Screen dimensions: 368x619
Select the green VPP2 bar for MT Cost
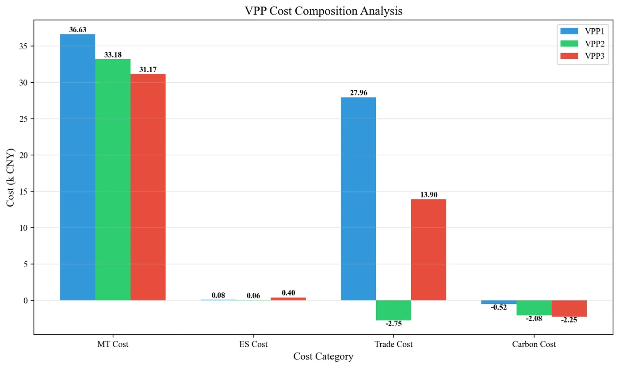(x=113, y=180)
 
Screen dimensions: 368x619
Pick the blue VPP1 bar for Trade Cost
(x=358, y=199)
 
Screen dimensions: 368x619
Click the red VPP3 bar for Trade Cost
(x=428, y=250)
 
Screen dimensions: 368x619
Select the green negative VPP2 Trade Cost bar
(x=394, y=310)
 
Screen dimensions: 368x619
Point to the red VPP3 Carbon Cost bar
(x=569, y=308)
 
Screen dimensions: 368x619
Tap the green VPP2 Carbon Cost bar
(x=534, y=308)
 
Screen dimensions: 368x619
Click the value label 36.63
(x=78, y=30)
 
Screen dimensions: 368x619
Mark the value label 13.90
(x=428, y=195)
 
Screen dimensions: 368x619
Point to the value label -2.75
(x=394, y=324)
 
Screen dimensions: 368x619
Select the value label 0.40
(x=288, y=293)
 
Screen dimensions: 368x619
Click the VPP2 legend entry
(x=582, y=44)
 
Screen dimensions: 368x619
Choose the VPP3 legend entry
(x=582, y=56)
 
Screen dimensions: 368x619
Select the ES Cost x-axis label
(x=253, y=344)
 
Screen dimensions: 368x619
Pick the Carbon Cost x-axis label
(x=534, y=344)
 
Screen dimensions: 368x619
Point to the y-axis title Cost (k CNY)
(x=11, y=177)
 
